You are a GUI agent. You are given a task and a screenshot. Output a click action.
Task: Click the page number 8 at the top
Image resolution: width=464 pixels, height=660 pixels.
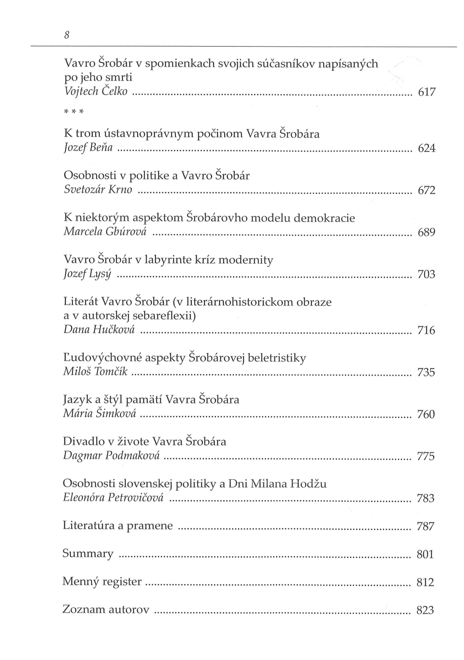67,35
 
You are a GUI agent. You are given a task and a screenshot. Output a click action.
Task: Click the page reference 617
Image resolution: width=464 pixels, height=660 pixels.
427,92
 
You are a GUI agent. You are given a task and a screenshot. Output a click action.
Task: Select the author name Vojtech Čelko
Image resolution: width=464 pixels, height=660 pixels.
96,91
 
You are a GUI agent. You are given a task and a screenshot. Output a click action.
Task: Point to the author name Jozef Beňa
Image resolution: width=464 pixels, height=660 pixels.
88,148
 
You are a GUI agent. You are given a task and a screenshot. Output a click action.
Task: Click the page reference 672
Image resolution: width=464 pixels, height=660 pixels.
427,190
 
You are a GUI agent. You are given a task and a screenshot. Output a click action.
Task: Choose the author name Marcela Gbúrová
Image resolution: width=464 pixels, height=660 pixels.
105,232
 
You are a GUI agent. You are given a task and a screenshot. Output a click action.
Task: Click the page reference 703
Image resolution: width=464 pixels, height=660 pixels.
426,274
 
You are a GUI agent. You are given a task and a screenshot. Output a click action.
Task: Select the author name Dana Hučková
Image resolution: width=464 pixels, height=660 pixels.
99,330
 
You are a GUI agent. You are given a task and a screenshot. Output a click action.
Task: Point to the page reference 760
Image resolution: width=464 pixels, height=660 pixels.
426,414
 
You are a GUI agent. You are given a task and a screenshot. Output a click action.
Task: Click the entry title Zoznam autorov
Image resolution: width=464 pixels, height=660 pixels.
106,609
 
